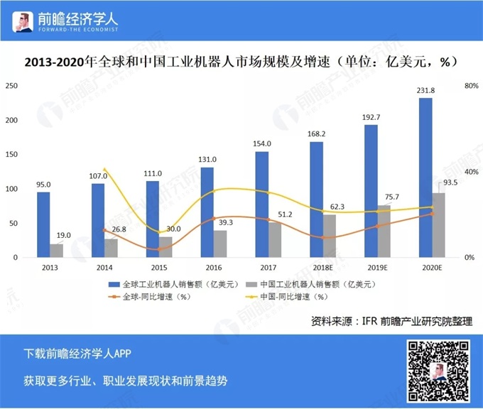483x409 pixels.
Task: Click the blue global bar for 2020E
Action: tap(425, 178)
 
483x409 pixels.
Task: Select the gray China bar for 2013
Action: tap(56, 251)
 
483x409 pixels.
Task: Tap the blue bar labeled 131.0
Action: tap(207, 212)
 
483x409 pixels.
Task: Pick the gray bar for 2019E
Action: tap(384, 231)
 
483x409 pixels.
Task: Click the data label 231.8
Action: tap(425, 90)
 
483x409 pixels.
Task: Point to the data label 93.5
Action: tap(450, 182)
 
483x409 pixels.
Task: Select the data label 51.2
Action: tap(285, 214)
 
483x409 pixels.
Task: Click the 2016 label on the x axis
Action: tap(214, 268)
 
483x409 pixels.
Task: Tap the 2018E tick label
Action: tap(323, 268)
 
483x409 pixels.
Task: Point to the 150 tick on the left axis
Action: tap(11, 155)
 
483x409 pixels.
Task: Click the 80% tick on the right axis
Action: tap(472, 86)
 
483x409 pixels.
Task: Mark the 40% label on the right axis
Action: tap(472, 172)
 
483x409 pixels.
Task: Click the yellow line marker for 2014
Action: tap(104, 169)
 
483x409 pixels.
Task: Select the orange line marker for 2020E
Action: tap(432, 214)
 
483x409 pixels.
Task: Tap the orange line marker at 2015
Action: tap(159, 249)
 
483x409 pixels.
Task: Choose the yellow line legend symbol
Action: tap(251, 297)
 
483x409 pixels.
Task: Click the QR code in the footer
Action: tap(438, 371)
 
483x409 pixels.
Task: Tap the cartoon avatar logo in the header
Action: tap(23, 22)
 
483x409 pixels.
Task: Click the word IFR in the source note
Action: tap(369, 321)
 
